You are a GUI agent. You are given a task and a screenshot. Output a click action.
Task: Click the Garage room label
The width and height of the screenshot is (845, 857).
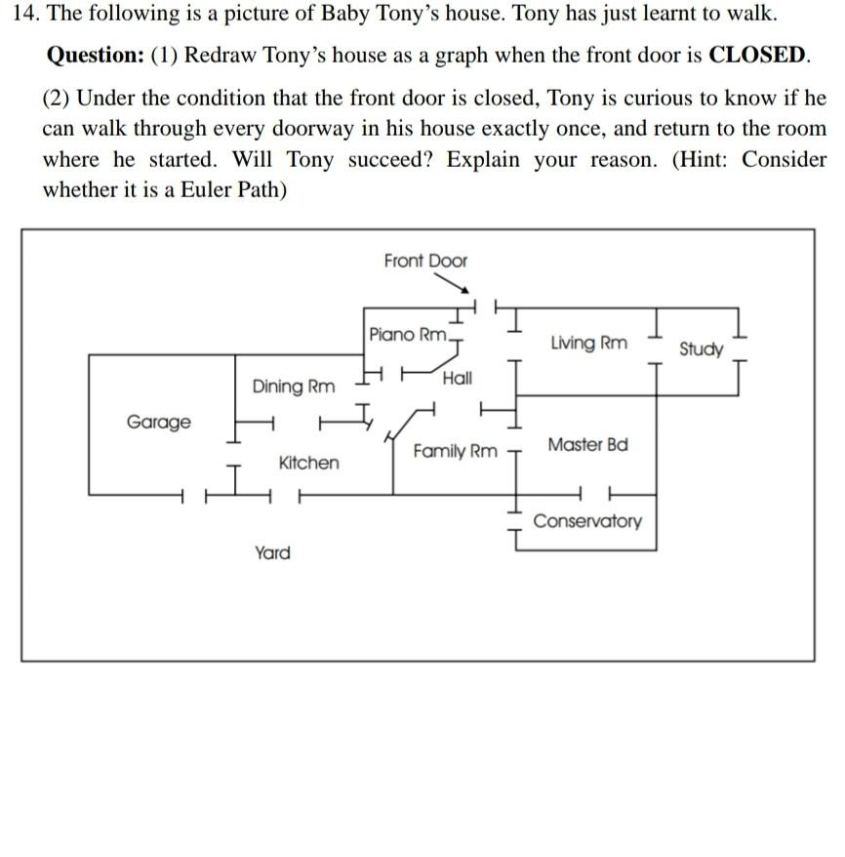(159, 422)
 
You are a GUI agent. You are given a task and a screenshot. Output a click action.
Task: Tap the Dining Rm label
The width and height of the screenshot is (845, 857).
(293, 387)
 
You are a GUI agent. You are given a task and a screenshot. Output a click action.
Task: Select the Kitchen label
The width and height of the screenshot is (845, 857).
(309, 463)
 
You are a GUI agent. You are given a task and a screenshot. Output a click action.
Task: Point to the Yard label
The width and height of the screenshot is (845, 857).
(272, 553)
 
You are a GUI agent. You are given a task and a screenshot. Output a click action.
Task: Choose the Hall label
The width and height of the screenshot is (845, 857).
(457, 378)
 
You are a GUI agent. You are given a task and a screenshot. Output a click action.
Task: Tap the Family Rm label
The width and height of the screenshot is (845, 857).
(455, 452)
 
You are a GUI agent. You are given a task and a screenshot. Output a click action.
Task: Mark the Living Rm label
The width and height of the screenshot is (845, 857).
(589, 343)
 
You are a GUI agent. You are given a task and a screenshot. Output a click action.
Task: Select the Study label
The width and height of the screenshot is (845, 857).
(702, 348)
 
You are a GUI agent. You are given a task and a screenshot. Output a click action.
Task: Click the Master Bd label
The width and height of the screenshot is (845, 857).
(587, 445)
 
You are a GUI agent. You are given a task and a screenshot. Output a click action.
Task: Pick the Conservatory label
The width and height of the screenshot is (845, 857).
(587, 520)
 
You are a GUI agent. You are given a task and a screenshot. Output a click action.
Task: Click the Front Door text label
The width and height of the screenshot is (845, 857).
(425, 261)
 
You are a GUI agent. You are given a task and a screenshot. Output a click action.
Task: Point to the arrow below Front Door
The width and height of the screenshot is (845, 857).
(453, 282)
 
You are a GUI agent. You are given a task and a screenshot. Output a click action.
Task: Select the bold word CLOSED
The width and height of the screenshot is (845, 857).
(758, 55)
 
